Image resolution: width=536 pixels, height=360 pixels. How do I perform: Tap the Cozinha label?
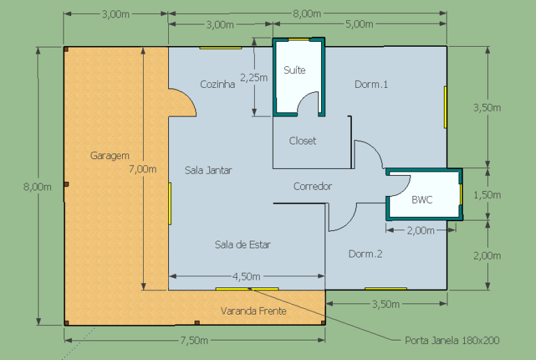pyautogui.click(x=218, y=84)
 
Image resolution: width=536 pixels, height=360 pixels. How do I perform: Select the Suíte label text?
pyautogui.click(x=295, y=70)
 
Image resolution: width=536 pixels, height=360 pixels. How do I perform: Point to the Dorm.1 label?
pyautogui.click(x=371, y=84)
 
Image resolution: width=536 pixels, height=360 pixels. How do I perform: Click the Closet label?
pyautogui.click(x=303, y=141)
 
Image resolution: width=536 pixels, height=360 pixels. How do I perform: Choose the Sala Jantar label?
pyautogui.click(x=209, y=170)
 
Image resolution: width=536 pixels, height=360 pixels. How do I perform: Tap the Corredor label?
pyautogui.click(x=313, y=186)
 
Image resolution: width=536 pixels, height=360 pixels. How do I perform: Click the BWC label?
pyautogui.click(x=422, y=200)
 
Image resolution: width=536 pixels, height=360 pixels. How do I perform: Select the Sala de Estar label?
pyautogui.click(x=242, y=244)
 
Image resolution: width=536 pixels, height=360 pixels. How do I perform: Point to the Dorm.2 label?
pyautogui.click(x=366, y=254)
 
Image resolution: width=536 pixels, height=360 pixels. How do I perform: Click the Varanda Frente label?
pyautogui.click(x=253, y=311)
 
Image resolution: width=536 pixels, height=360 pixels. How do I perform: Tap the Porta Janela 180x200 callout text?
pyautogui.click(x=452, y=340)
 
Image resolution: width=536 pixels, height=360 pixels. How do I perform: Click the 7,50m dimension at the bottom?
pyautogui.click(x=194, y=340)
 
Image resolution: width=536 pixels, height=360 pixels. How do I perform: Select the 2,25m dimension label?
pyautogui.click(x=253, y=77)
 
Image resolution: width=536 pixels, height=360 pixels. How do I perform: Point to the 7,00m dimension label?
pyautogui.click(x=143, y=168)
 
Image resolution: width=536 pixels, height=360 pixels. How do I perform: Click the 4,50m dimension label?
pyautogui.click(x=246, y=276)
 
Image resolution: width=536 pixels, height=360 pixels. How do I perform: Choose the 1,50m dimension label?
pyautogui.click(x=487, y=195)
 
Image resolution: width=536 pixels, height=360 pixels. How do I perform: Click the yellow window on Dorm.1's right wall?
pyautogui.click(x=445, y=107)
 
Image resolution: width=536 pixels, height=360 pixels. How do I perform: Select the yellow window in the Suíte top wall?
pyautogui.click(x=299, y=39)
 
